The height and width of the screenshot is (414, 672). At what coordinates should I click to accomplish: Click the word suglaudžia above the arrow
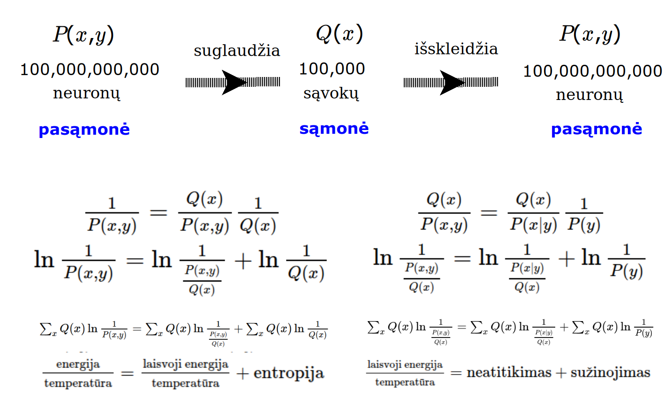pos(237,51)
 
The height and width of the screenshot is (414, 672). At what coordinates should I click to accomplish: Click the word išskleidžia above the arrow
pos(456,49)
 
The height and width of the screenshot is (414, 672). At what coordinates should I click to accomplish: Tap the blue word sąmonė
pos(334,129)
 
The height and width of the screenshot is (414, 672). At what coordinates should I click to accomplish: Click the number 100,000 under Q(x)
pos(332,69)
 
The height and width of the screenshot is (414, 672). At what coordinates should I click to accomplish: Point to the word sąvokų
pos(331,93)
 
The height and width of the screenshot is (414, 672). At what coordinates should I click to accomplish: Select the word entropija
pos(288,373)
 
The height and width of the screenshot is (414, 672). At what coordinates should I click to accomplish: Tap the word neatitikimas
pos(509,373)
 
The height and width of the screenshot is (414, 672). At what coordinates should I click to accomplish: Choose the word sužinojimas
pos(610,373)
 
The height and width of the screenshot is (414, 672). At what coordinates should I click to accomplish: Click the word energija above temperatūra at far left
pos(78,364)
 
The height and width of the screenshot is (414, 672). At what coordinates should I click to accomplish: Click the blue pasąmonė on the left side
pos(84,130)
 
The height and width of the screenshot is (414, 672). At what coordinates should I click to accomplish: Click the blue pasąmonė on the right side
pos(596,129)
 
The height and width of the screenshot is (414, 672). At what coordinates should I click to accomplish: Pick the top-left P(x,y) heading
pos(83,35)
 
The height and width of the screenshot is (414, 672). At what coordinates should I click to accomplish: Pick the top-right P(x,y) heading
pos(590,34)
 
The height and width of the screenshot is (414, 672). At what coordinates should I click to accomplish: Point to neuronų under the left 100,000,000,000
pos(87,93)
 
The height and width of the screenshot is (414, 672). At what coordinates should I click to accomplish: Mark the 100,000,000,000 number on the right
pos(593,71)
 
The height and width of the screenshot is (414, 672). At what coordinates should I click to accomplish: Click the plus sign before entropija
pos(242,374)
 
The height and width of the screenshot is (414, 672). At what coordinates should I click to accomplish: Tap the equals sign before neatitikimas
pos(456,373)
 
